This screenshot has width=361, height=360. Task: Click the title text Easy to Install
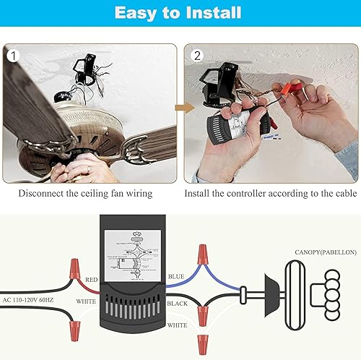coord(180,14)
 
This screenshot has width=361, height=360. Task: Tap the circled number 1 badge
coord(12,54)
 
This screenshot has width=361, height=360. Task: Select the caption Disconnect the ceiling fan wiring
coord(90,193)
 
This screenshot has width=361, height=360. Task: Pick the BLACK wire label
coord(177,304)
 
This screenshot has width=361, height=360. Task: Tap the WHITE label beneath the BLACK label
coord(177,325)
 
